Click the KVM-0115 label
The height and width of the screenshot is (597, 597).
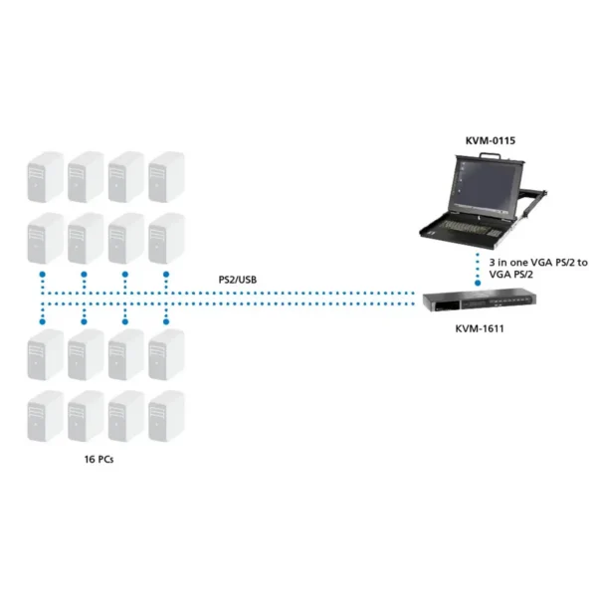click(491, 140)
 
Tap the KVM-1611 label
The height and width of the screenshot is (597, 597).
click(480, 328)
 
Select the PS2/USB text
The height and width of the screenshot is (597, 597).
click(238, 280)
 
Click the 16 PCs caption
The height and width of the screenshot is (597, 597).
click(99, 459)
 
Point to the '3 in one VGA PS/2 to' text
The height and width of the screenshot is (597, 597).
click(538, 263)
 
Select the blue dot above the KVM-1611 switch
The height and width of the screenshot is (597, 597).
click(478, 284)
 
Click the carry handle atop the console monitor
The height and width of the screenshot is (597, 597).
click(490, 155)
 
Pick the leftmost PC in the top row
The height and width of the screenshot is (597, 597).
click(46, 177)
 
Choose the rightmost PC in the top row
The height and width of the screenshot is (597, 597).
click(166, 177)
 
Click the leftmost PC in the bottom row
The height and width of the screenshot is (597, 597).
click(46, 416)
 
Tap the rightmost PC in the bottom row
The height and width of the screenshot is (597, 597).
click(166, 416)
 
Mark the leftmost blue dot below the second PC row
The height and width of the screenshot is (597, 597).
click(42, 275)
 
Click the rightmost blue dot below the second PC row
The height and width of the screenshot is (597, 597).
click(166, 275)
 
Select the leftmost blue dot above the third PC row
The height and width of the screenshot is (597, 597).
click(42, 321)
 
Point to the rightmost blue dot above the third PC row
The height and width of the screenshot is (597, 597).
click(166, 321)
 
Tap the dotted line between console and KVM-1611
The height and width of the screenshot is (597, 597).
click(478, 268)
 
